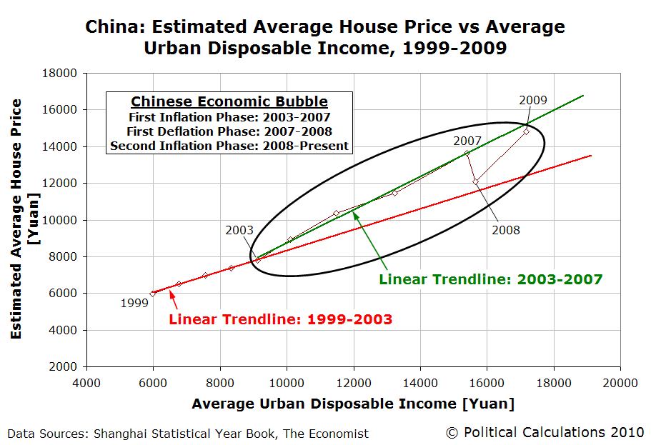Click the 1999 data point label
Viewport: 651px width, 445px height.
(x=135, y=303)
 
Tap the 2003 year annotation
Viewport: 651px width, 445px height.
(x=239, y=231)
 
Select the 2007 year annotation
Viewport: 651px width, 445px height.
(x=467, y=141)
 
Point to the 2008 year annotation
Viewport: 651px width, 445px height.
(x=506, y=230)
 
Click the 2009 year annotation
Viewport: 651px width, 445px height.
(x=533, y=100)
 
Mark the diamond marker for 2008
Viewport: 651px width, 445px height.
(x=475, y=181)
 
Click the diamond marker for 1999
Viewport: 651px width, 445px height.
(x=153, y=294)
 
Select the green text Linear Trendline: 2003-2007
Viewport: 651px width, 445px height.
(x=491, y=279)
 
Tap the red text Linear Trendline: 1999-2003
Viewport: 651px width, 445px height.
(x=280, y=319)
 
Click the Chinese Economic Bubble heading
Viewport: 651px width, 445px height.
(x=229, y=101)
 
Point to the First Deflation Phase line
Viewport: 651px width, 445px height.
(x=229, y=131)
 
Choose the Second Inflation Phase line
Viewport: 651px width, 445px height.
(x=229, y=146)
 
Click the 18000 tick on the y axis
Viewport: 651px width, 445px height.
(x=61, y=73)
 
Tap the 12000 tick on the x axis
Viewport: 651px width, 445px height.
(x=353, y=382)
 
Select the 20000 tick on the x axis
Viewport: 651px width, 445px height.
(x=619, y=382)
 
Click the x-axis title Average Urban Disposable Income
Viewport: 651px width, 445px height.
(x=352, y=404)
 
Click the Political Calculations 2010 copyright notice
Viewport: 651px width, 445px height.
(x=545, y=432)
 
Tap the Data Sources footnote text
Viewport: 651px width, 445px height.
(x=188, y=433)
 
